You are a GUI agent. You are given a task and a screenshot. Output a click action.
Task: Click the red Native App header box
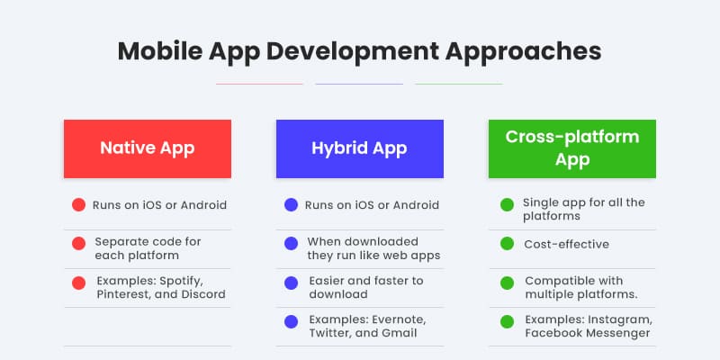click(x=147, y=148)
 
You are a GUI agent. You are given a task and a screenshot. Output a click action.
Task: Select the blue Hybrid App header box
click(x=359, y=148)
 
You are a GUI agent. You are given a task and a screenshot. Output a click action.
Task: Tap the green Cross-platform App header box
click(x=571, y=148)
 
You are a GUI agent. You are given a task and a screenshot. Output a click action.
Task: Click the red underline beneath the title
click(x=259, y=84)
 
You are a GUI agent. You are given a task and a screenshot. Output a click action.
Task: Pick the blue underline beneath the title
click(x=359, y=84)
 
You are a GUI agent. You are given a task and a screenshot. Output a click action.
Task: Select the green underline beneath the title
click(x=458, y=84)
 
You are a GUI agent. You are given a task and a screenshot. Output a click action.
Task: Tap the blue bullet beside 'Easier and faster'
click(x=291, y=283)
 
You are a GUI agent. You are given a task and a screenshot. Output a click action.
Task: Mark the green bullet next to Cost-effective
click(x=507, y=244)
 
